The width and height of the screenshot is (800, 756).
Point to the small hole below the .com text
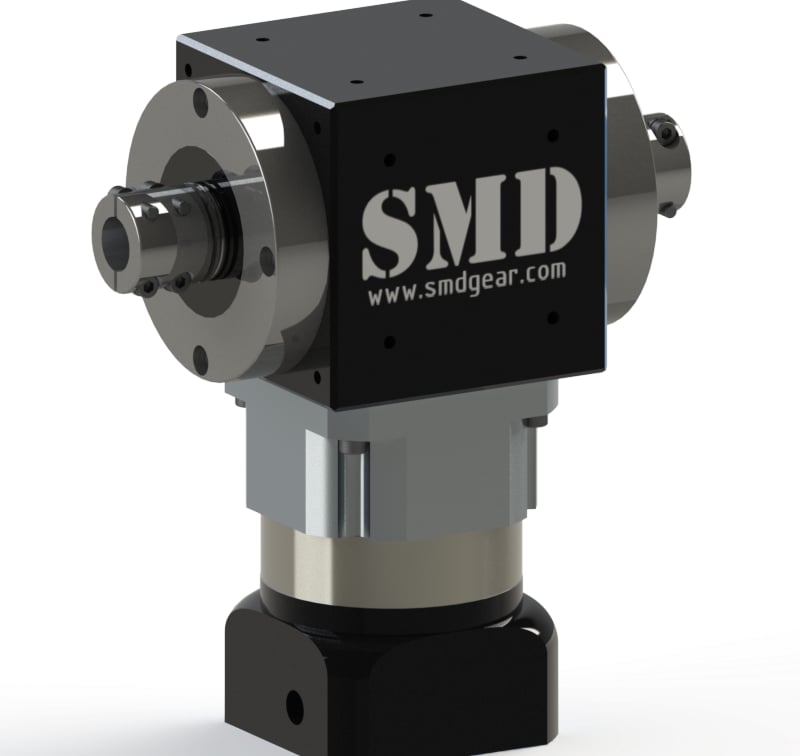tap(551, 317)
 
